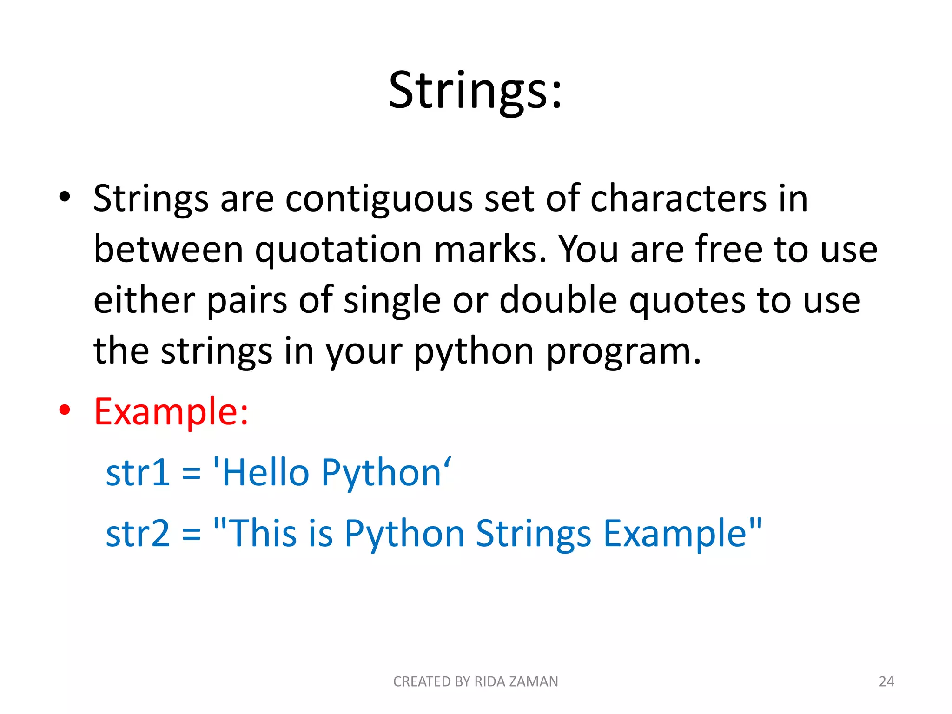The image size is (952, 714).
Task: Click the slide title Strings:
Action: point(475,91)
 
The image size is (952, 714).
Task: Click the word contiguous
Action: point(378,199)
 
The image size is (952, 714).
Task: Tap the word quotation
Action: point(338,250)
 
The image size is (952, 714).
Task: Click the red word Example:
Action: point(171,412)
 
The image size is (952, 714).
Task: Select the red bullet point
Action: point(65,410)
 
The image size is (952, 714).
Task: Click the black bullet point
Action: point(65,197)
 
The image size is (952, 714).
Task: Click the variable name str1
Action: point(138,473)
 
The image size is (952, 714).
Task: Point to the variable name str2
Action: point(138,534)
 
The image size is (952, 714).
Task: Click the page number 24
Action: point(886,681)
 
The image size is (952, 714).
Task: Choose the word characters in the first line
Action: point(678,198)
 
